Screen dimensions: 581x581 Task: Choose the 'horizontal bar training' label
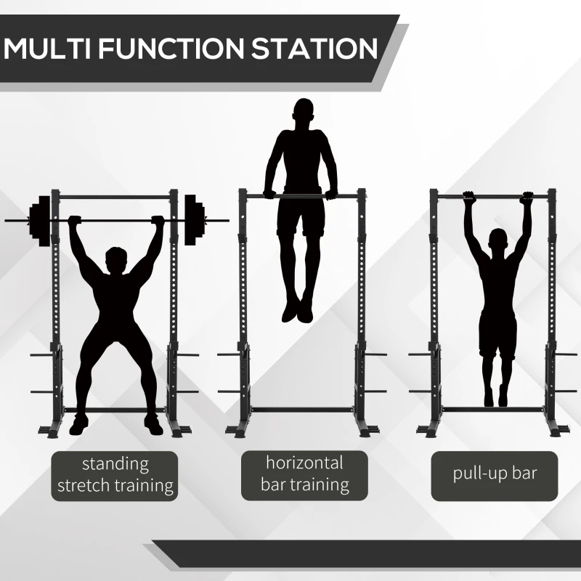point(304,474)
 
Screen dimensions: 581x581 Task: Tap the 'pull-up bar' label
point(494,474)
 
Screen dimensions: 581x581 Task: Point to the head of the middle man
point(304,115)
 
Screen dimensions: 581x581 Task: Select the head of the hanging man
point(498,241)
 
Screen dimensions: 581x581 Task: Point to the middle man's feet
point(298,309)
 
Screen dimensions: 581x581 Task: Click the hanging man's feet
point(496,396)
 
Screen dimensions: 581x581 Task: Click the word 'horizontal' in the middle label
point(304,462)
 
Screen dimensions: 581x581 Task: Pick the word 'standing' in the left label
point(115,464)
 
